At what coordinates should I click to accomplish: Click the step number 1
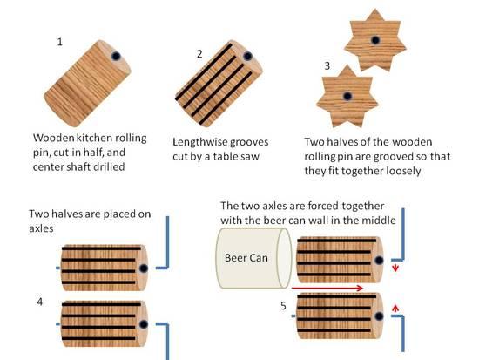click(60, 42)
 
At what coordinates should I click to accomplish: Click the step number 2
click(199, 54)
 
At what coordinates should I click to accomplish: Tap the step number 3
click(327, 65)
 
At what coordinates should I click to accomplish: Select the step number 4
click(40, 302)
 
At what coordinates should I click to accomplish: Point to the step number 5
click(283, 306)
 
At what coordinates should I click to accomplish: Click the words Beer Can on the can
click(246, 258)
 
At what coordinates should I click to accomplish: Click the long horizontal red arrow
click(327, 288)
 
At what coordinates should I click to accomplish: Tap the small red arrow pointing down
click(395, 268)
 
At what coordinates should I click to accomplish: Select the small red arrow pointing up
click(395, 308)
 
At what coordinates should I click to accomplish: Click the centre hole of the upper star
click(375, 40)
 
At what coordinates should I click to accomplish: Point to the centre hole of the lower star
click(347, 96)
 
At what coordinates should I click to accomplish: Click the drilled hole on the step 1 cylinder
click(116, 56)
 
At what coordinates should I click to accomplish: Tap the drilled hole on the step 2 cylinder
click(247, 57)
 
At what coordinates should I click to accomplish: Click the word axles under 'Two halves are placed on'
click(41, 228)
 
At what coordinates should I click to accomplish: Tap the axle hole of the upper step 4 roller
click(144, 268)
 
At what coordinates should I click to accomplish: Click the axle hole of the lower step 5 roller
click(379, 316)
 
